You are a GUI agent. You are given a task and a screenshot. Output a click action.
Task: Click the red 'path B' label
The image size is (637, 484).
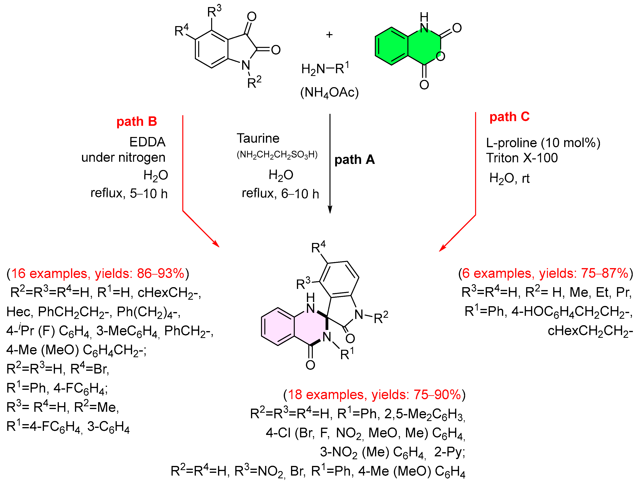[x=137, y=121]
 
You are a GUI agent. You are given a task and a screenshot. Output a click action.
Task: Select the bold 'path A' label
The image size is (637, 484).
[x=354, y=160]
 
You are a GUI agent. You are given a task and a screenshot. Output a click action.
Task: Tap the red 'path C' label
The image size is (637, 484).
[x=509, y=117]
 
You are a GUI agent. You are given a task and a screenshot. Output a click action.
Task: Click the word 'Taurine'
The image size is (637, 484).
[x=258, y=139]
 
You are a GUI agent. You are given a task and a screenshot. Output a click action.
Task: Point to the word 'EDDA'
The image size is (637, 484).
[x=147, y=142]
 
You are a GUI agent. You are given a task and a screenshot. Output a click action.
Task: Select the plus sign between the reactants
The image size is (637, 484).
[x=329, y=35]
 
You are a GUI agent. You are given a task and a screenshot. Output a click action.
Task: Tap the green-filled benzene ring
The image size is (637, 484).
[x=391, y=46]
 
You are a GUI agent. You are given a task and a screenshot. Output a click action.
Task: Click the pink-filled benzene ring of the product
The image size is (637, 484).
[x=278, y=326]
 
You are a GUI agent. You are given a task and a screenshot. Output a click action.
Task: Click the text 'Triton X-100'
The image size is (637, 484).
[x=522, y=158]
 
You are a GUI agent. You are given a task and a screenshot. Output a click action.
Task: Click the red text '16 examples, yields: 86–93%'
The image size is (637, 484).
[x=98, y=273]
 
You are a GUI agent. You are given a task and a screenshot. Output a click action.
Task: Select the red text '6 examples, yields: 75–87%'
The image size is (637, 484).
[x=545, y=273]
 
